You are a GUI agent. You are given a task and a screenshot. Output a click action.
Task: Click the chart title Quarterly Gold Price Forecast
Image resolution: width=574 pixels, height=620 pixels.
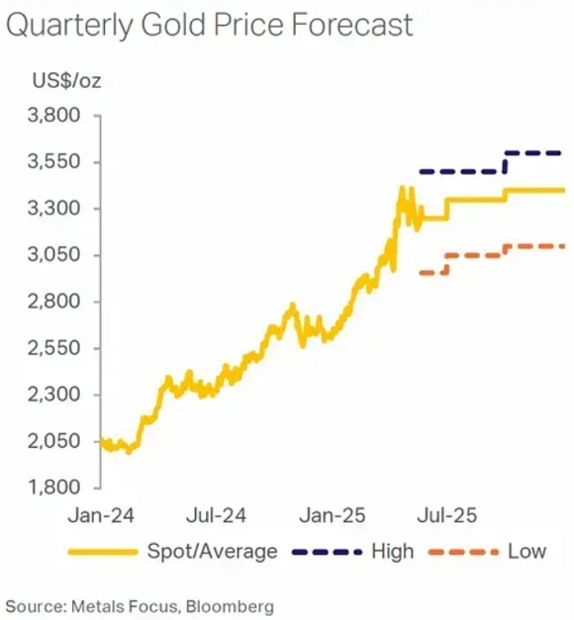(209, 26)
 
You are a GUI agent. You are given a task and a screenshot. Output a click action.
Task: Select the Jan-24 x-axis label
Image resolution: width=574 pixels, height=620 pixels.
(102, 515)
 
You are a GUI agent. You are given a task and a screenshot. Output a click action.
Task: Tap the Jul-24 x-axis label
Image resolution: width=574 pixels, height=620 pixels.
(216, 515)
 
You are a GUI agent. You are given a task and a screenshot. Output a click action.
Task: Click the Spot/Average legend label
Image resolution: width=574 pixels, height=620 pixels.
(212, 551)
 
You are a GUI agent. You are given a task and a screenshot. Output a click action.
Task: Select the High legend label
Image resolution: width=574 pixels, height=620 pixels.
(393, 551)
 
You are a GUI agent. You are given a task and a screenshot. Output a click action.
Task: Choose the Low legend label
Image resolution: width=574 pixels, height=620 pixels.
(526, 551)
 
